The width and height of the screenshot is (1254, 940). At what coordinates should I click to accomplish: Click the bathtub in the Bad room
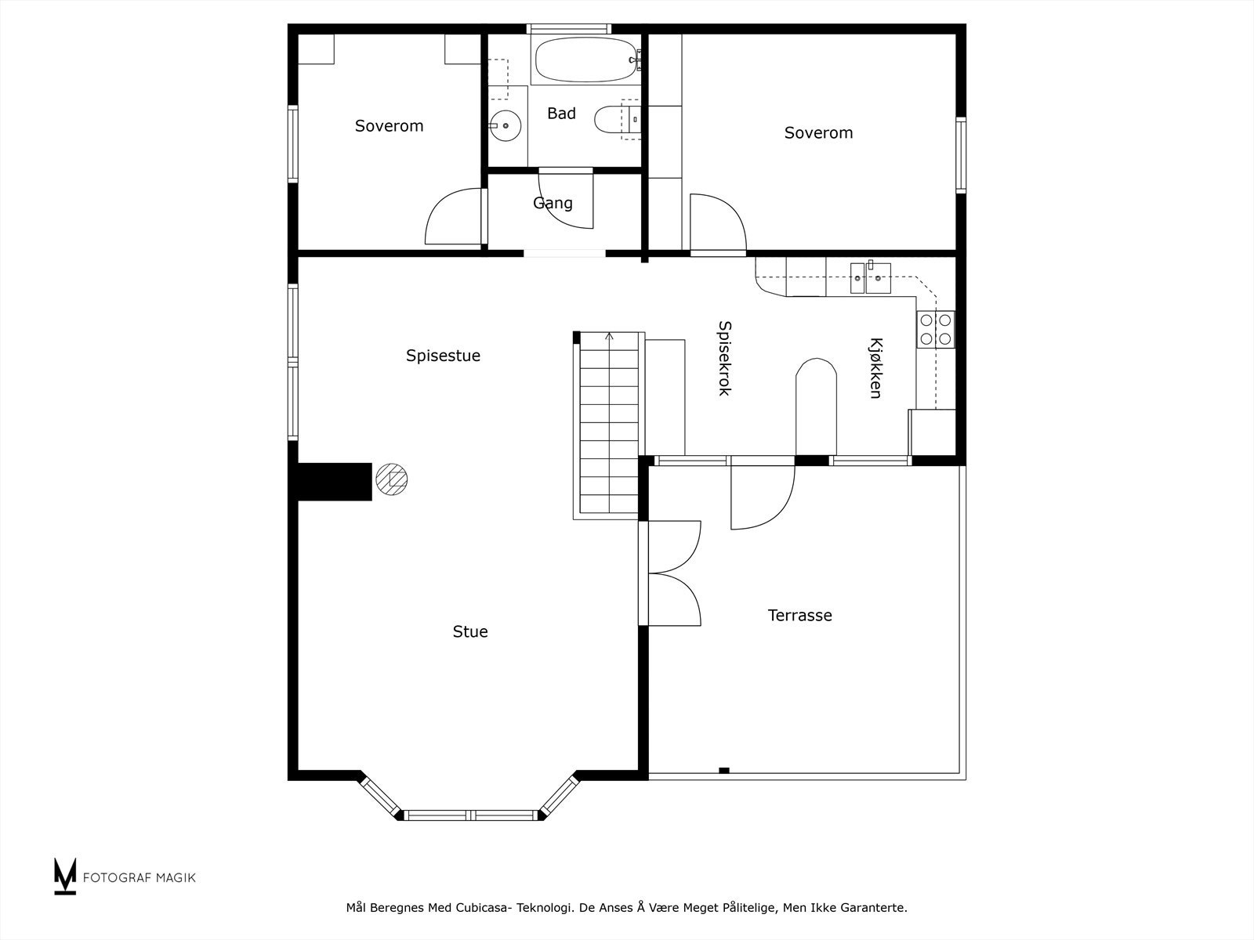(585, 60)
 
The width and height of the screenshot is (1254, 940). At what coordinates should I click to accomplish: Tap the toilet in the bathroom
(617, 120)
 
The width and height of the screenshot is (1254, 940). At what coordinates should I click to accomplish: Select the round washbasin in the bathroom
(505, 125)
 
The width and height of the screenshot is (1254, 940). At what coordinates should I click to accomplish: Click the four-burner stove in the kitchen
(936, 330)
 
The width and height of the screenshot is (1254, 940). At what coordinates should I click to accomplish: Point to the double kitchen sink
(871, 278)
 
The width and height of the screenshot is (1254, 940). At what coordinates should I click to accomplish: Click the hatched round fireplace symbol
(391, 479)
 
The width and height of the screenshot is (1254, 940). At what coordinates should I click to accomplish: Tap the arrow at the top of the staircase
(609, 338)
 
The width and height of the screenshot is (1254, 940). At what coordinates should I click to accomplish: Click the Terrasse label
(800, 615)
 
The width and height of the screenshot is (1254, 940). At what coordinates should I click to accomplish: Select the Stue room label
(470, 632)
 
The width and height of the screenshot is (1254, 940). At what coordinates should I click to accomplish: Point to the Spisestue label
(444, 356)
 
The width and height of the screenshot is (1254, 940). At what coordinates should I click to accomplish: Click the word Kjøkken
(875, 368)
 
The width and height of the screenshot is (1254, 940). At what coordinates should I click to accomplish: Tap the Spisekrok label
(724, 358)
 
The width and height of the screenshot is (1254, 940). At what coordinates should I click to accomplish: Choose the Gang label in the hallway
(553, 203)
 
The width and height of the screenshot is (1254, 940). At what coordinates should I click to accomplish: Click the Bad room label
(561, 114)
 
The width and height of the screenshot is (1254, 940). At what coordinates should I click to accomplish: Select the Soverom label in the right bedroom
(818, 133)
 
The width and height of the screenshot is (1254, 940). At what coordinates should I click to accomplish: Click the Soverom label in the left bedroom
(389, 126)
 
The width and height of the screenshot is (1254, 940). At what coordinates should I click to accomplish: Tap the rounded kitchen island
(816, 407)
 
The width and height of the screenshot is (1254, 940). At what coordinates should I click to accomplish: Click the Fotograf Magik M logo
(65, 876)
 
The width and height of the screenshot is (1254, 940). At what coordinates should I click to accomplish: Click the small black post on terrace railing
(724, 771)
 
